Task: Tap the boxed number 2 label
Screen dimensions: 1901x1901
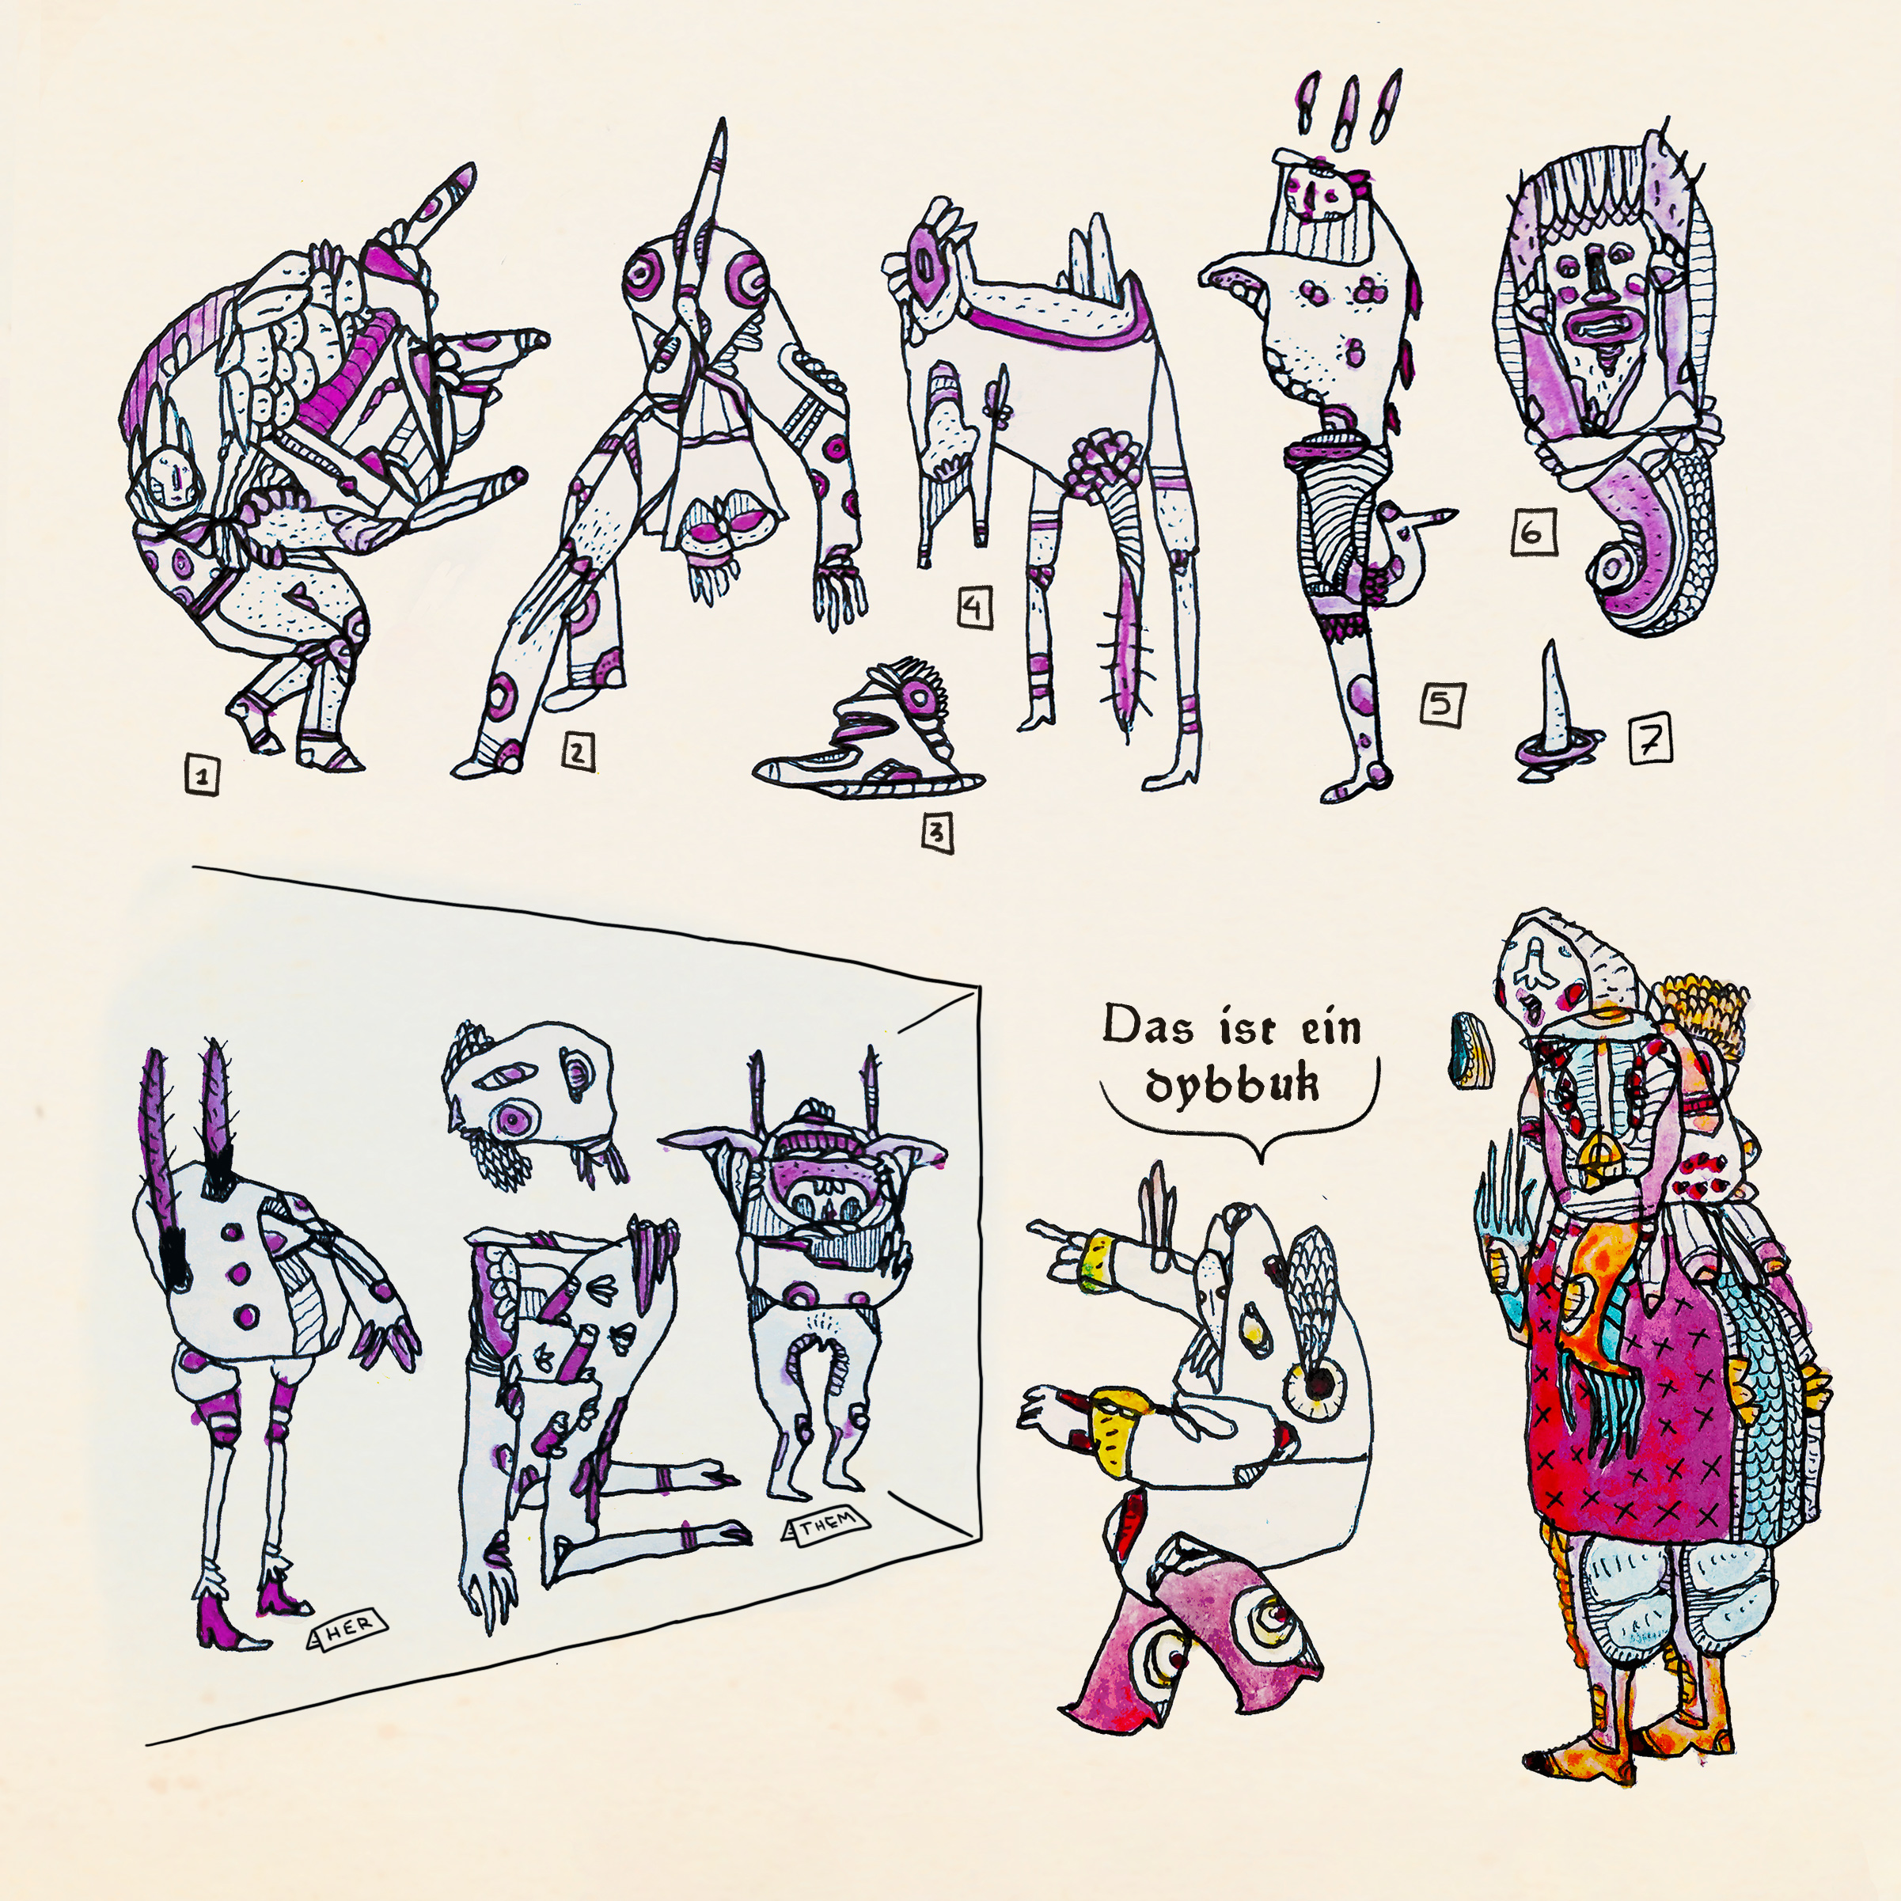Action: pyautogui.click(x=579, y=752)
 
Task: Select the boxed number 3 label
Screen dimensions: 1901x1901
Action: pyautogui.click(x=937, y=833)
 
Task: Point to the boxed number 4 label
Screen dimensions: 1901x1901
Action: pyautogui.click(x=973, y=607)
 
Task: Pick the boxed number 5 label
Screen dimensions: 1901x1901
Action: pyautogui.click(x=1440, y=704)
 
